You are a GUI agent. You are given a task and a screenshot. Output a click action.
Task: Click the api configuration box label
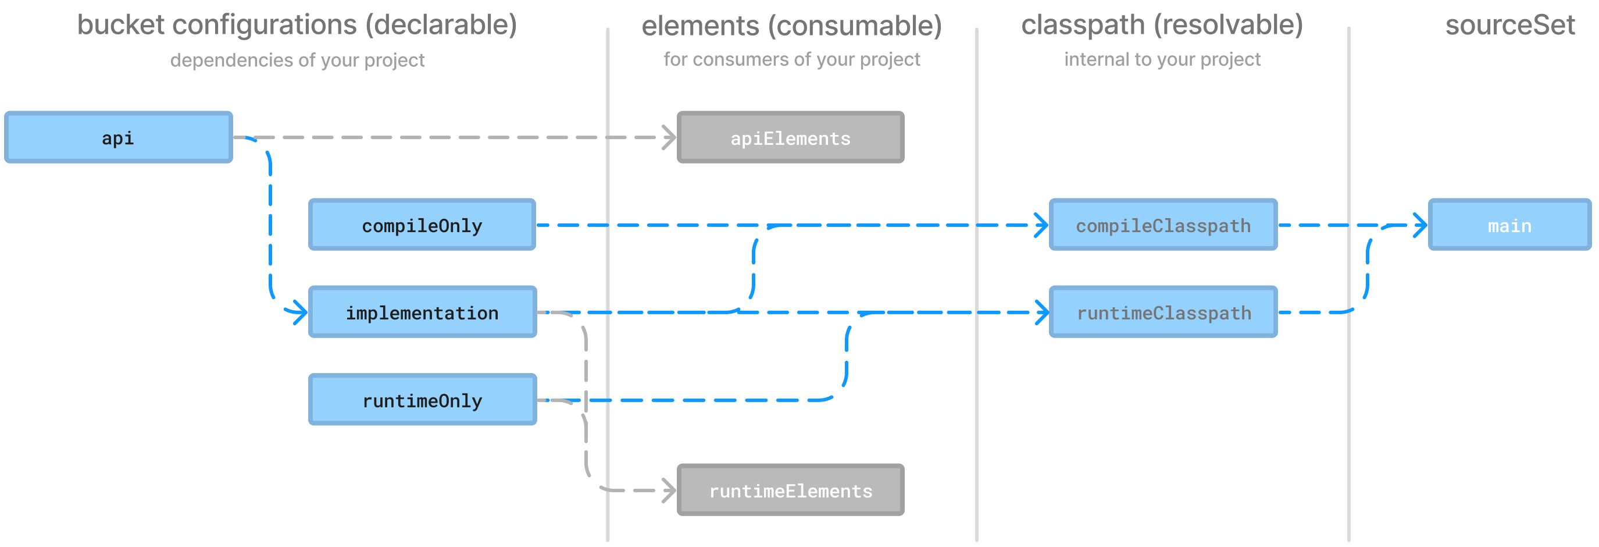coord(117,138)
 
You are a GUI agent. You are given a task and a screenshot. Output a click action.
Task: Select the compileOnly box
coord(422,225)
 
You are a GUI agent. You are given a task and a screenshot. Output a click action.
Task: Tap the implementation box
coord(422,312)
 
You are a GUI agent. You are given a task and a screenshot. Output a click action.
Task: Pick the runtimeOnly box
coord(422,400)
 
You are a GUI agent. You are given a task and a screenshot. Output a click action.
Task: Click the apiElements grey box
coord(790,138)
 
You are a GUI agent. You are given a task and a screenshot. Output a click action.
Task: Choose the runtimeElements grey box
coord(790,491)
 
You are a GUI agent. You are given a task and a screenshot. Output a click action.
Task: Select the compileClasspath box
coord(1163,225)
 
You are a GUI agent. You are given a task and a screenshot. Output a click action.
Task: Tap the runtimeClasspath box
coord(1163,312)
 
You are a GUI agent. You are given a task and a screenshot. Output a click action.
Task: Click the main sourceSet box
coord(1509,225)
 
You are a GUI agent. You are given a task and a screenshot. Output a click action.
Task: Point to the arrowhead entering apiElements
coord(669,138)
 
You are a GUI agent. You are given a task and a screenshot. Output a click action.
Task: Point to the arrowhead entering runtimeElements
coord(669,491)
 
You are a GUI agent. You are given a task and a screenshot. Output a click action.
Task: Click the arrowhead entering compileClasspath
coord(1041,225)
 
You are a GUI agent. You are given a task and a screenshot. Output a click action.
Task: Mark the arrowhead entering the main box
coord(1420,225)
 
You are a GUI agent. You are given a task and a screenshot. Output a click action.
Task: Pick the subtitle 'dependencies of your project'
coord(297,60)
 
